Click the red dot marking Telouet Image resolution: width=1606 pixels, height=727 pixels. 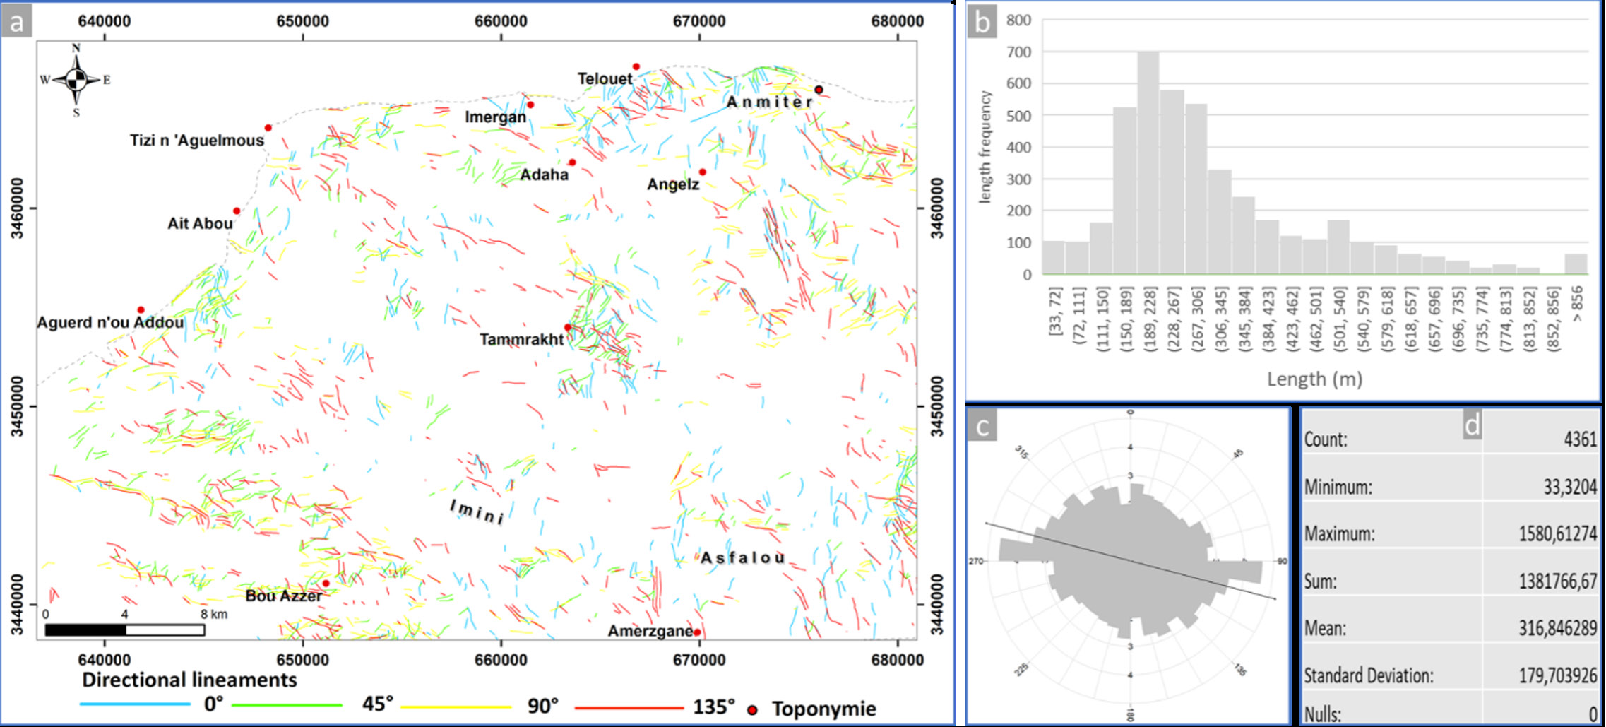[636, 66]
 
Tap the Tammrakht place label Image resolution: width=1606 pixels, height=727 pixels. [521, 340]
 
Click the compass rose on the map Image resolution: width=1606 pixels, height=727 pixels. [76, 80]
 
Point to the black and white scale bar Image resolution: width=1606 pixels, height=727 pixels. [125, 630]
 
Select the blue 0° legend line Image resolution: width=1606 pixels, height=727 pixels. [134, 704]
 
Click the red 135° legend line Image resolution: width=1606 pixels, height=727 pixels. [629, 707]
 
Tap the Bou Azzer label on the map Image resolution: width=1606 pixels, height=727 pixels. [283, 596]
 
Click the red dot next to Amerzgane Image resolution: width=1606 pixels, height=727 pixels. [697, 632]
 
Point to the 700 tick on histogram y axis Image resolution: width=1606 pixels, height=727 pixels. [1018, 52]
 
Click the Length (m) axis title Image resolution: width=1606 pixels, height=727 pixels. [1314, 379]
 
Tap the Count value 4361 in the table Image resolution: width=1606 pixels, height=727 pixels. [1580, 439]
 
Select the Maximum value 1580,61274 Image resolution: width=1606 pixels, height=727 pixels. [1557, 533]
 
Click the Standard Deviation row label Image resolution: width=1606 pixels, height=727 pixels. [1368, 676]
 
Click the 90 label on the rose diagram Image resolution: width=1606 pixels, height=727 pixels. [1282, 562]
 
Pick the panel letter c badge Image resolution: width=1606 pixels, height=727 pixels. [982, 426]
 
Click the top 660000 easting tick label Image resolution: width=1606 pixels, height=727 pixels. [501, 21]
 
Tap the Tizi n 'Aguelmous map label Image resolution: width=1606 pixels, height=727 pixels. [196, 141]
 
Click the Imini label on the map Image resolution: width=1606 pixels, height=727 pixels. [477, 512]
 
